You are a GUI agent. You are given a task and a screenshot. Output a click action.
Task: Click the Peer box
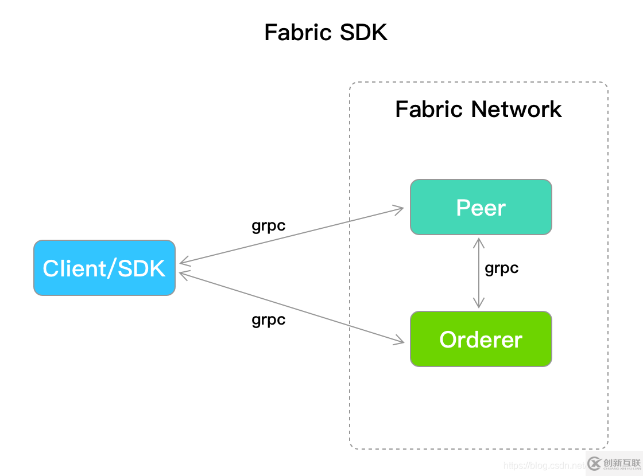point(481,207)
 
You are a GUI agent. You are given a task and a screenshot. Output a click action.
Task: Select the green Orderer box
point(481,339)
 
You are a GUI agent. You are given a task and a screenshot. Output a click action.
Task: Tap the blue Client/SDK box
point(104,268)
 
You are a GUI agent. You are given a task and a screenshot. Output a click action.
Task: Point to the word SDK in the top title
point(363,33)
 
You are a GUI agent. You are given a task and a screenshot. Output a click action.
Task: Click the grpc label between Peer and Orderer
point(501,268)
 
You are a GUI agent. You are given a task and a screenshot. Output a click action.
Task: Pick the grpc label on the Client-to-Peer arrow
point(268,225)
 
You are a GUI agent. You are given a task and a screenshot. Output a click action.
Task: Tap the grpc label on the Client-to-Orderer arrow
point(268,319)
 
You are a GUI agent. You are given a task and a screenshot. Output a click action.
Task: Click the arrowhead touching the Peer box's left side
point(400,209)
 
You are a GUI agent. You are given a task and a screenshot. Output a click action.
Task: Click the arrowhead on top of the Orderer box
point(478,305)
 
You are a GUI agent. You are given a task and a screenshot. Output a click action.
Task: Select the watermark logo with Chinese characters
point(614,463)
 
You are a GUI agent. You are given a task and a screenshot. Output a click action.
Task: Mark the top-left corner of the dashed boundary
point(351,84)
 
